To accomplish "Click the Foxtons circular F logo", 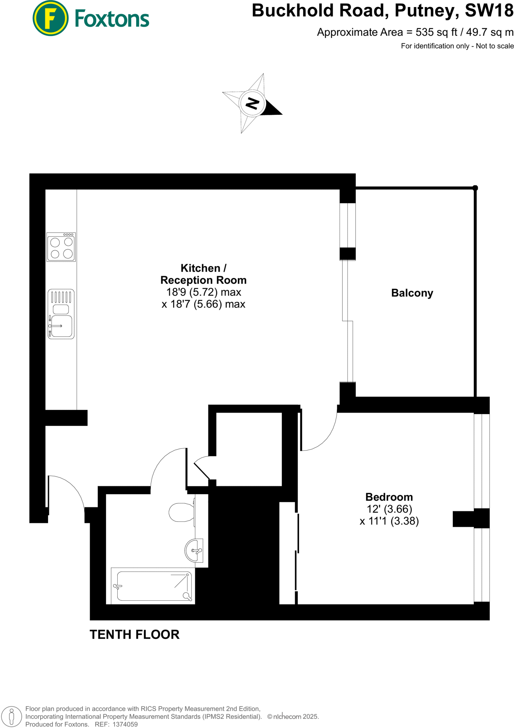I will point(50,18).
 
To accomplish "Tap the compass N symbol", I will point(252,103).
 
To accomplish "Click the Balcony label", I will point(412,293).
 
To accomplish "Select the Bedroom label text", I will point(389,497).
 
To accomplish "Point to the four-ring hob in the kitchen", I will point(61,247).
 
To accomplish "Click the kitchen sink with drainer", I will point(61,314).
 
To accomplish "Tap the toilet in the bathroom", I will point(182,512).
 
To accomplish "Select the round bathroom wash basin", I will point(194,551).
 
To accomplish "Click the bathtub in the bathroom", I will point(153,585).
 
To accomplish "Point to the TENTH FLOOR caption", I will point(134,635).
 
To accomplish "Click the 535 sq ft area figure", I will point(437,32).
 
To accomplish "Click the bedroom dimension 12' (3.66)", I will point(389,509).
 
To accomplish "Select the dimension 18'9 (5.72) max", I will point(204,292).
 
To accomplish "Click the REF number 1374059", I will point(125,724).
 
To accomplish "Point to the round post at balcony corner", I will point(475,188).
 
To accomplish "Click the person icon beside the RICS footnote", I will point(12,716).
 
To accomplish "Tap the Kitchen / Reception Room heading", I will point(203,274).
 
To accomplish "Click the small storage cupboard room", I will point(249,449).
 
